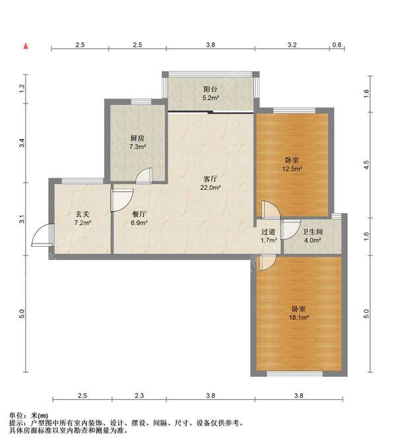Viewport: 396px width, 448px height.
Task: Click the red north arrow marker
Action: [x=26, y=46]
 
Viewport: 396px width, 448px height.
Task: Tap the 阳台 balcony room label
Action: [x=211, y=89]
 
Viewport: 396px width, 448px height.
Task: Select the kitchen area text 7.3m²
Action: [x=138, y=147]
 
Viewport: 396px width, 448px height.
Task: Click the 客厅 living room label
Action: [x=211, y=179]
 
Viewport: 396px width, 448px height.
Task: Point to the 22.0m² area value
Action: [x=211, y=188]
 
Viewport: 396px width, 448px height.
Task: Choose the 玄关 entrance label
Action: [x=82, y=214]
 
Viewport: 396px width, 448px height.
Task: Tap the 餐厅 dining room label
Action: [x=139, y=214]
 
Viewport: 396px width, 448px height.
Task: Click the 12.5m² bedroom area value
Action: [x=292, y=168]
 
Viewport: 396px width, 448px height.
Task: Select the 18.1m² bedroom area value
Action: [x=299, y=317]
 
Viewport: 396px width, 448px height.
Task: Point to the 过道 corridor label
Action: [x=268, y=232]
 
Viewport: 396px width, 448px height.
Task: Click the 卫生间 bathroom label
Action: [x=312, y=232]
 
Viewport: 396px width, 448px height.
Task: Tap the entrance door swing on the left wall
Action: [x=42, y=235]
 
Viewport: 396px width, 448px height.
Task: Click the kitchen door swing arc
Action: [x=144, y=176]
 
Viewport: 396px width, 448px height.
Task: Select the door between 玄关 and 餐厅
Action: [x=122, y=200]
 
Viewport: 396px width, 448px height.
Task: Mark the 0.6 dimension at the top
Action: [x=337, y=45]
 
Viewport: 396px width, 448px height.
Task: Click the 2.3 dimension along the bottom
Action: [x=139, y=396]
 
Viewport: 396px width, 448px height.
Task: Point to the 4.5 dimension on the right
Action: [x=366, y=164]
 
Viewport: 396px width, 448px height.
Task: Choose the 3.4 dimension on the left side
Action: [x=22, y=143]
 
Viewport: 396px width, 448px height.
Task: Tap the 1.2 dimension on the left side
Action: [x=22, y=88]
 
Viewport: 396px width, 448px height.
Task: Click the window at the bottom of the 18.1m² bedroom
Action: [x=295, y=373]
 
